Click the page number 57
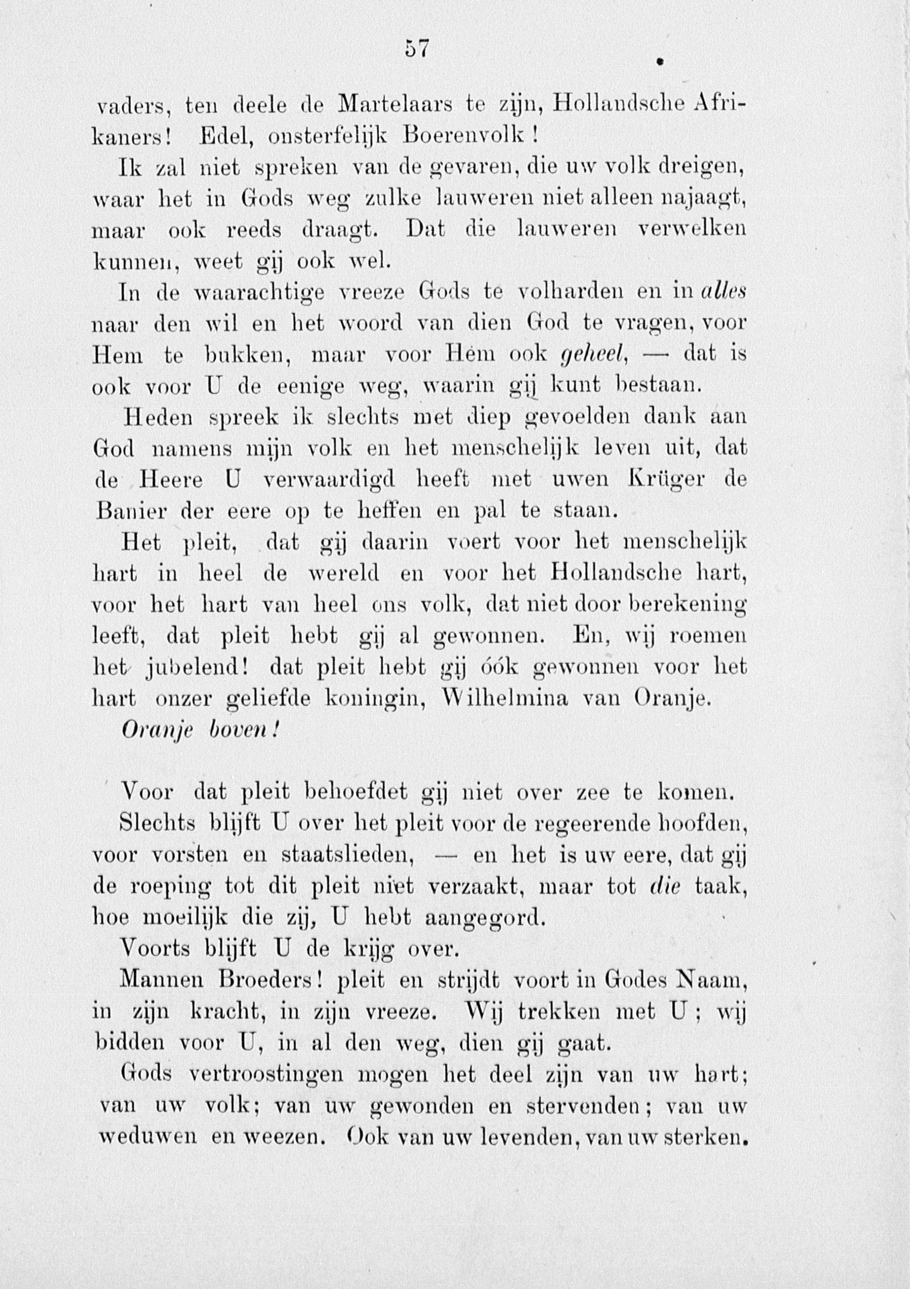[x=417, y=50]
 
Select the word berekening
[x=688, y=606]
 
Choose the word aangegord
[x=485, y=917]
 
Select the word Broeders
[x=270, y=980]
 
